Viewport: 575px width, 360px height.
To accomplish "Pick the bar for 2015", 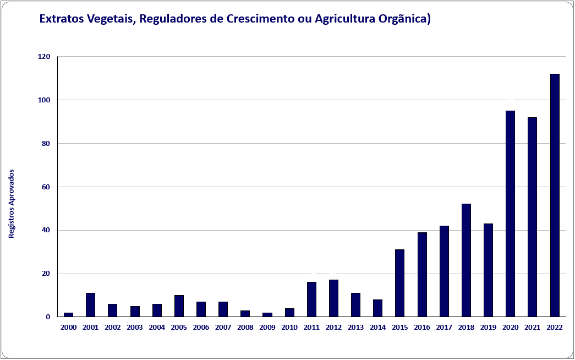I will (399, 283).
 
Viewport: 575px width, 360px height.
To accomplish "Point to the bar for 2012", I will (333, 298).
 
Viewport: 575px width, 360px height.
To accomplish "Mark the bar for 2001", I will (91, 305).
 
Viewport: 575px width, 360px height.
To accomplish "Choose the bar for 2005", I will (179, 306).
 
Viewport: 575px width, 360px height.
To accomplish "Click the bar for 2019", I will (488, 270).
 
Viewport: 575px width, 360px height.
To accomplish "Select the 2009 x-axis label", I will (267, 328).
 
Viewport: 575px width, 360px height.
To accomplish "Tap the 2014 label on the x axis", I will (377, 328).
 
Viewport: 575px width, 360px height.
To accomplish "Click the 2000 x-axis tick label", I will (68, 328).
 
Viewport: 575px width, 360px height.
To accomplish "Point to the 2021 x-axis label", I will (532, 328).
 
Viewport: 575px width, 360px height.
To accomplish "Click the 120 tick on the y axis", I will (44, 57).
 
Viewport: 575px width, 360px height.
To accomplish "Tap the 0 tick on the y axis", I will (48, 317).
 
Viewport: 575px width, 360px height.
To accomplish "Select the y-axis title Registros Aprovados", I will (12, 203).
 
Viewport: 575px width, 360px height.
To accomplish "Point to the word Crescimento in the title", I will (262, 19).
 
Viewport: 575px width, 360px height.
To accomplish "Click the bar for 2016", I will (422, 275).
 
